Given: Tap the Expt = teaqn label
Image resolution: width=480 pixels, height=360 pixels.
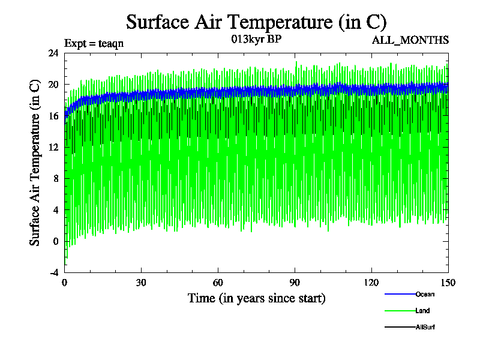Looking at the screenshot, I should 94,43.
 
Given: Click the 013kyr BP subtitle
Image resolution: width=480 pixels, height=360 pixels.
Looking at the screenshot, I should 256,40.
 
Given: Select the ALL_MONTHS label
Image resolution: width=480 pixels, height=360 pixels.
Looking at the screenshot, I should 411,40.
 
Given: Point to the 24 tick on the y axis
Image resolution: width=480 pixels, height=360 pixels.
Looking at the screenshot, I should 53,53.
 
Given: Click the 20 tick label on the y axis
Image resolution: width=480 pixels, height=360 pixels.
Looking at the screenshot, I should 53,85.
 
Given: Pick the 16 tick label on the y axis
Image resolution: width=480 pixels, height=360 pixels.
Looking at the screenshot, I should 53,116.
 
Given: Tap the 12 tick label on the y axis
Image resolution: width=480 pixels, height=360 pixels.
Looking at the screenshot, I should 53,148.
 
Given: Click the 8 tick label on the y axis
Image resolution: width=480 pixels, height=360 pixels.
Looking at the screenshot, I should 55,179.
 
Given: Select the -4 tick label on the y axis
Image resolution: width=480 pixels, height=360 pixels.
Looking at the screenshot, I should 53,272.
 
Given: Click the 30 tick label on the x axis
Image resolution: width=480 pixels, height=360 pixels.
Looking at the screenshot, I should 141,283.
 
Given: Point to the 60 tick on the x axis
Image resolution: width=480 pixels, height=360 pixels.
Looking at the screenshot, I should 218,283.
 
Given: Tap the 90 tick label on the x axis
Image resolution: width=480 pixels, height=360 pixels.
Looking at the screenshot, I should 295,283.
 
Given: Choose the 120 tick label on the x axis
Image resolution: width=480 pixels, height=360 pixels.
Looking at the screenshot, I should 371,283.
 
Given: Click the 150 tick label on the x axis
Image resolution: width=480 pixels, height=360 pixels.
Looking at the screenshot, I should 448,283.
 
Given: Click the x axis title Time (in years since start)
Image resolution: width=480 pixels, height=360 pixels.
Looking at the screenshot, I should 256,298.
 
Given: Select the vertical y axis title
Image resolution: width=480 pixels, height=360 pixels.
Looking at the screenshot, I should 35,163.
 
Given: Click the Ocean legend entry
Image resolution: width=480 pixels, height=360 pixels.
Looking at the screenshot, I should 425,294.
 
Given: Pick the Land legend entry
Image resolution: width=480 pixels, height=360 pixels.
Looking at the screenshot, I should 422,311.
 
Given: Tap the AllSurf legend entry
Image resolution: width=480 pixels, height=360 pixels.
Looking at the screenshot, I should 424,327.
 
